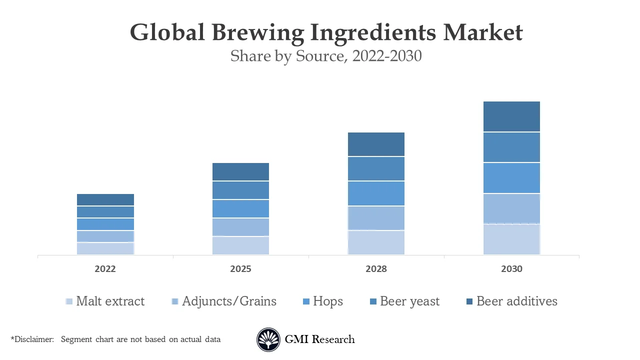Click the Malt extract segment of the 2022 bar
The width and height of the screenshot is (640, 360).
[105, 248]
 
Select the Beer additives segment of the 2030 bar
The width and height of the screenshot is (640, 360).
[511, 116]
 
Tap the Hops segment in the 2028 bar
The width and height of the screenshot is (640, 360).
[376, 193]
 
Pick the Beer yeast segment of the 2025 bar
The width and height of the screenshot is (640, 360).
[240, 190]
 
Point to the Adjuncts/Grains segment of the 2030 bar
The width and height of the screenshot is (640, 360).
[511, 208]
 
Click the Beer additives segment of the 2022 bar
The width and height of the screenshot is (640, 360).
[105, 200]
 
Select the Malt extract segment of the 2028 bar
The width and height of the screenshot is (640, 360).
[376, 242]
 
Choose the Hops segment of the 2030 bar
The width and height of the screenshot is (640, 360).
[511, 178]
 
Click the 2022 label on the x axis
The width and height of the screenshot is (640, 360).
[105, 269]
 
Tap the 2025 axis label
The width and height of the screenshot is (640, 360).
[240, 269]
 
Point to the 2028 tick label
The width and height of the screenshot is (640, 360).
[376, 269]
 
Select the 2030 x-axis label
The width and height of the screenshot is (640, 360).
[511, 269]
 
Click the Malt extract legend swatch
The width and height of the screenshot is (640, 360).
[69, 301]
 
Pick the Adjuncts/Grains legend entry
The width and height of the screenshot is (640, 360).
[229, 301]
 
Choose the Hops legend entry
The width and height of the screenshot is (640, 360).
[327, 301]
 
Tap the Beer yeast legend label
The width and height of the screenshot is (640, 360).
[409, 301]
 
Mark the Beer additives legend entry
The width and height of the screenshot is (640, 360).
[516, 301]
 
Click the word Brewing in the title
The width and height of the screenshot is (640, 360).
[257, 32]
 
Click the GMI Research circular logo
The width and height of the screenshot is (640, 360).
[268, 340]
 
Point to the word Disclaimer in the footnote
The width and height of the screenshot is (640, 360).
[33, 339]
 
